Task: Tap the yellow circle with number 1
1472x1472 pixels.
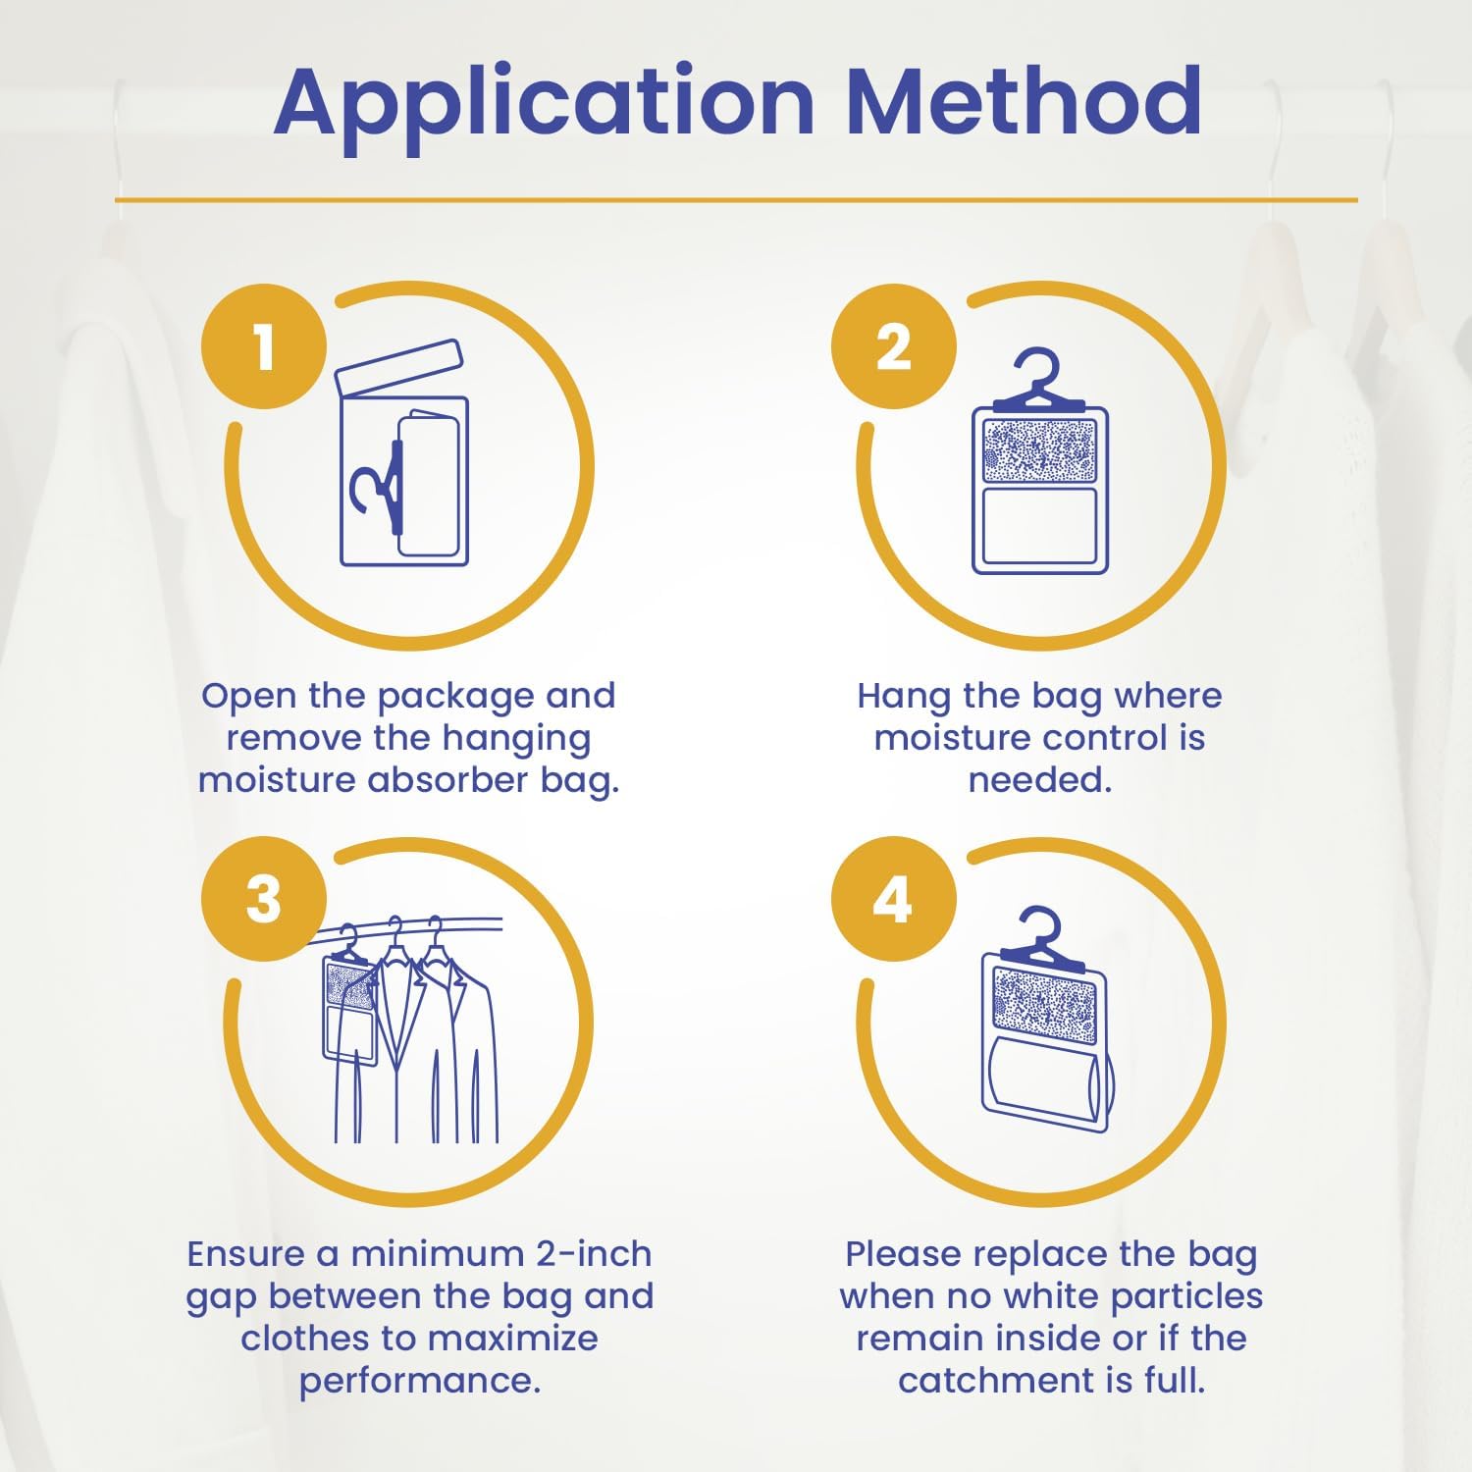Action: click(263, 346)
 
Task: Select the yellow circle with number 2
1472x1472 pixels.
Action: click(893, 346)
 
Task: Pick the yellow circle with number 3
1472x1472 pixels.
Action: click(263, 899)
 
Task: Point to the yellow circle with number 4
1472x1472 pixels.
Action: click(893, 899)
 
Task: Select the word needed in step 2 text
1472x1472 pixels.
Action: click(1040, 780)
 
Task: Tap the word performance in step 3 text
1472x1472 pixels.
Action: click(420, 1382)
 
